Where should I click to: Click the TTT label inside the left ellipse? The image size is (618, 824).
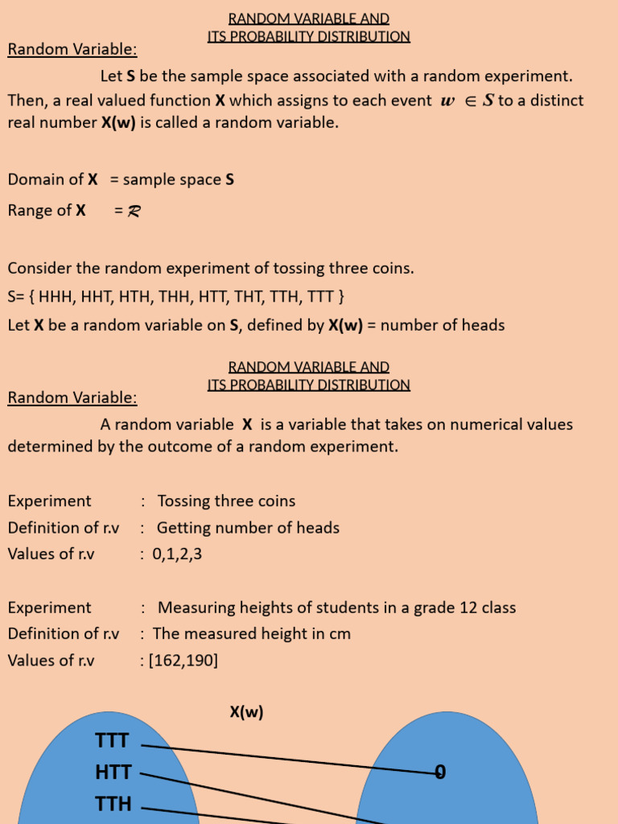coord(112,741)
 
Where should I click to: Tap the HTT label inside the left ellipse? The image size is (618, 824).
coord(113,772)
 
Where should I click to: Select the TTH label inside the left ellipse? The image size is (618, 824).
coord(113,804)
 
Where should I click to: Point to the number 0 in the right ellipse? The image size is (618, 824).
coord(440,772)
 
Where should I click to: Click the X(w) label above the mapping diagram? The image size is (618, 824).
coord(246,712)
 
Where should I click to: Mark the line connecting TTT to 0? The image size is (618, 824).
coord(290,759)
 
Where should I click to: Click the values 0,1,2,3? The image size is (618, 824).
coord(176,554)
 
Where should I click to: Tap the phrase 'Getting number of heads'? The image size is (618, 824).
coord(248,528)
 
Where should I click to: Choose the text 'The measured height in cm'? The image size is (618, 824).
coord(252,634)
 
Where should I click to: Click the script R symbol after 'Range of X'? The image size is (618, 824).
coord(134,212)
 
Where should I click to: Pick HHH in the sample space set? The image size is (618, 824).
coord(56,297)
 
